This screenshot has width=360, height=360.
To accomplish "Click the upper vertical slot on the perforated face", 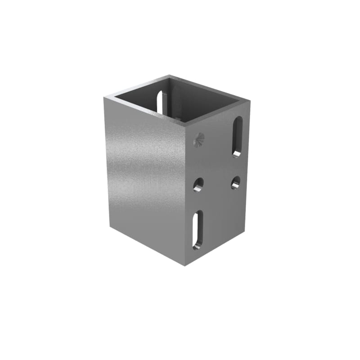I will (237, 136).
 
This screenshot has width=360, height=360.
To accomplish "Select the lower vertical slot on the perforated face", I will (197, 229).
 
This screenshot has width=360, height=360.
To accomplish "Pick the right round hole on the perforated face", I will (235, 182).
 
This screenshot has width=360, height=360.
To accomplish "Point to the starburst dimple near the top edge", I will (198, 140).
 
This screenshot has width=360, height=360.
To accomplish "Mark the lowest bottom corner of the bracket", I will (185, 265).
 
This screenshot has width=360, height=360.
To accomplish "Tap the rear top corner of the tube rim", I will (169, 76).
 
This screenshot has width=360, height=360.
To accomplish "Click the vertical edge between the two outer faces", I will (185, 193).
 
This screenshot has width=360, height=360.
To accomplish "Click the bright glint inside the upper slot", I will (237, 154).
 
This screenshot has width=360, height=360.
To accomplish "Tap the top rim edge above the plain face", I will (144, 110).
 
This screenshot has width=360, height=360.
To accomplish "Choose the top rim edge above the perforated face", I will (218, 112).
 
